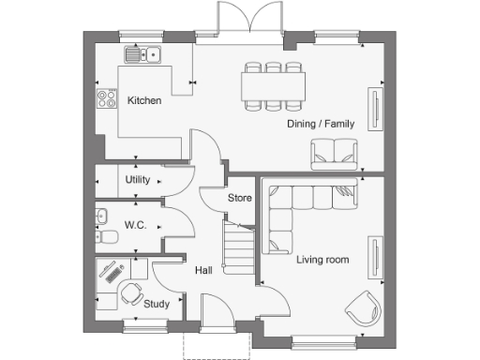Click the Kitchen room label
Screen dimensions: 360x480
pos(144,100)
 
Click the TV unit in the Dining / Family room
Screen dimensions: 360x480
pos(376,108)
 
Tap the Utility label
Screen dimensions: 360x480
pos(138,179)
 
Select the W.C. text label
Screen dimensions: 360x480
pos(136,225)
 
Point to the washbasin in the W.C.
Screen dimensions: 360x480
pos(101,217)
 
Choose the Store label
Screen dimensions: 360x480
pos(240,198)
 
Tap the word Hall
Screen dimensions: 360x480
pos(202,270)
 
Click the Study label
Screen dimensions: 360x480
pos(157,303)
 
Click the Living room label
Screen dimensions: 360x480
pos(323,259)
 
